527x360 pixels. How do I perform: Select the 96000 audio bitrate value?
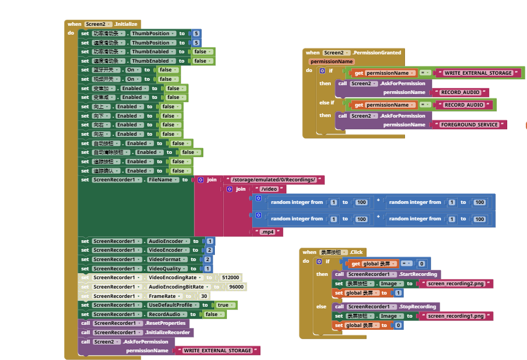click(236, 287)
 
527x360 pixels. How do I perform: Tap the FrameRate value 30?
click(204, 296)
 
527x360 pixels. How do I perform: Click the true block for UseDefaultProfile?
click(223, 305)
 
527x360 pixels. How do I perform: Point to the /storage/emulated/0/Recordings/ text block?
click(274, 180)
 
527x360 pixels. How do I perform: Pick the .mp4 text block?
click(268, 232)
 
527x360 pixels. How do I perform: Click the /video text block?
click(270, 189)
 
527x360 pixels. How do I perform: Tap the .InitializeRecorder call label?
click(168, 333)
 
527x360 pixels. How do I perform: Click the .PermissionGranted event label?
click(377, 53)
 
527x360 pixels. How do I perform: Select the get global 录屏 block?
click(370, 264)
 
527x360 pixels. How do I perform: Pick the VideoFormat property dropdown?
click(167, 259)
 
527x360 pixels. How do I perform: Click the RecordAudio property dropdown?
click(168, 314)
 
